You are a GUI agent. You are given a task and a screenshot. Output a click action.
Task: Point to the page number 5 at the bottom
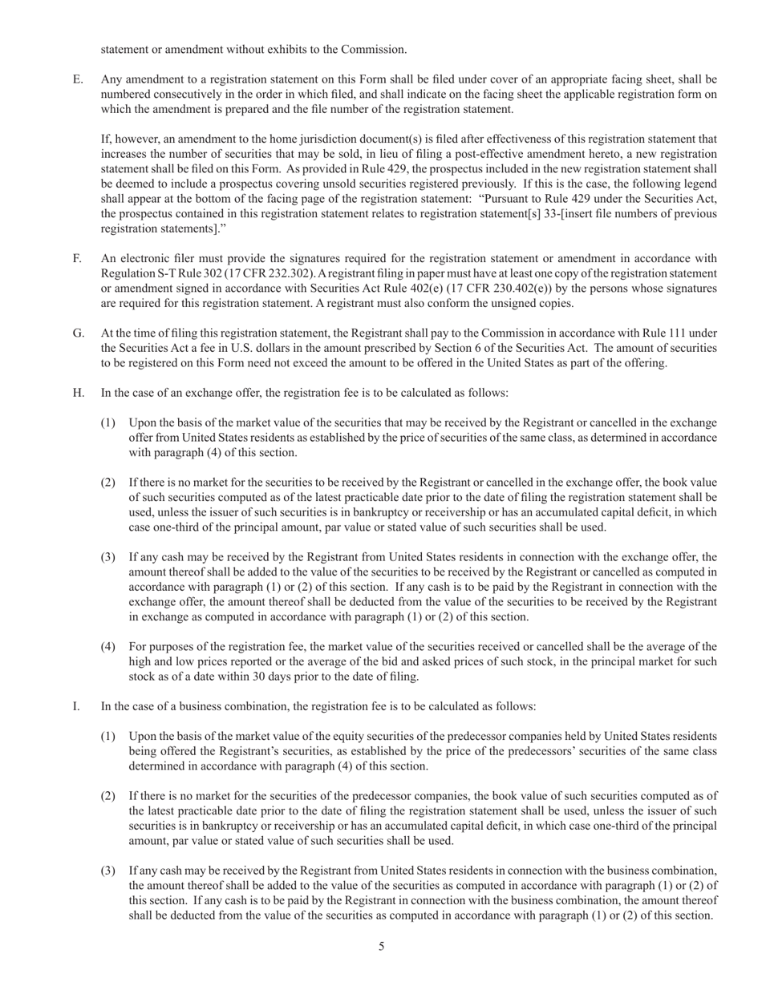381,947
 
